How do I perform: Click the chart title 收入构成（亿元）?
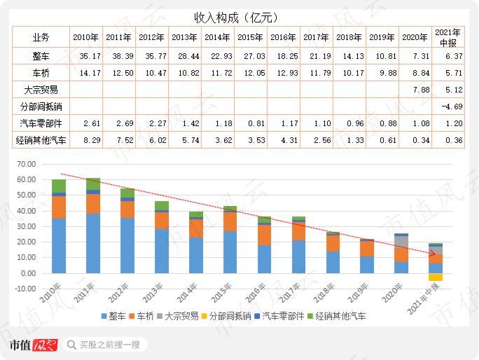(239, 17)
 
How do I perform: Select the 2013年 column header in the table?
(183, 37)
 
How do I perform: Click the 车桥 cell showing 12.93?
(283, 72)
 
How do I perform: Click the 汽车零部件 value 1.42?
(183, 123)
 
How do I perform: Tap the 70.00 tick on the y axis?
(26, 165)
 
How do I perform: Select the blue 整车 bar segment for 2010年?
(59, 245)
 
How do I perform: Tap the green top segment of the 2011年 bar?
(93, 184)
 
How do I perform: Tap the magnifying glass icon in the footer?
(71, 345)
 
